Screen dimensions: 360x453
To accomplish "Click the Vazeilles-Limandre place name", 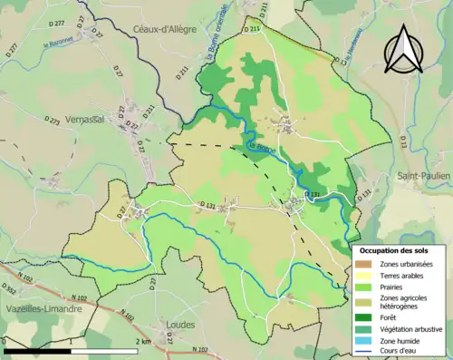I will (40, 308).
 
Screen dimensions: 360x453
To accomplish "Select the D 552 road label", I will (8, 289).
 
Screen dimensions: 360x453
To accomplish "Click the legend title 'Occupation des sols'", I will (395, 251).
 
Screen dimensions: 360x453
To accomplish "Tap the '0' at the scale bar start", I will (5, 341).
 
